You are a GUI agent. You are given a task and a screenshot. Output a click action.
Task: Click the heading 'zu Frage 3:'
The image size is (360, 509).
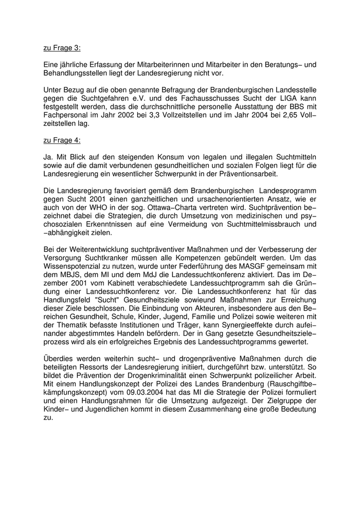[62, 48]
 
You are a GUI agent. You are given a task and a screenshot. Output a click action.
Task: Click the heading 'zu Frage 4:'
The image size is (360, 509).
[62, 140]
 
